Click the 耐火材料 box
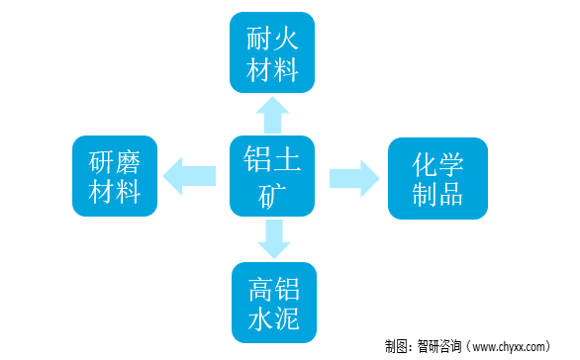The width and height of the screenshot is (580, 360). coord(272,52)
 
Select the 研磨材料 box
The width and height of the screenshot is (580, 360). coord(115,176)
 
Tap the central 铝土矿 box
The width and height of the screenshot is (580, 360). coord(272,176)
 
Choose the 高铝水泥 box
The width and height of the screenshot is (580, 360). coord(273,303)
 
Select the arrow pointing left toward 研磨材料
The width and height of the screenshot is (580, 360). coord(189,177)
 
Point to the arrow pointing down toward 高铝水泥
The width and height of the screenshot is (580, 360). coord(273,238)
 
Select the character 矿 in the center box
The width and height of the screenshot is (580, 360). coord(272,193)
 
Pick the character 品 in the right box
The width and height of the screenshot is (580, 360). coord(454,194)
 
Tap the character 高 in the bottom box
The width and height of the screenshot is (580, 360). coord(257,289)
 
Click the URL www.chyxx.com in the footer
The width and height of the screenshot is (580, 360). coord(508,346)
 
